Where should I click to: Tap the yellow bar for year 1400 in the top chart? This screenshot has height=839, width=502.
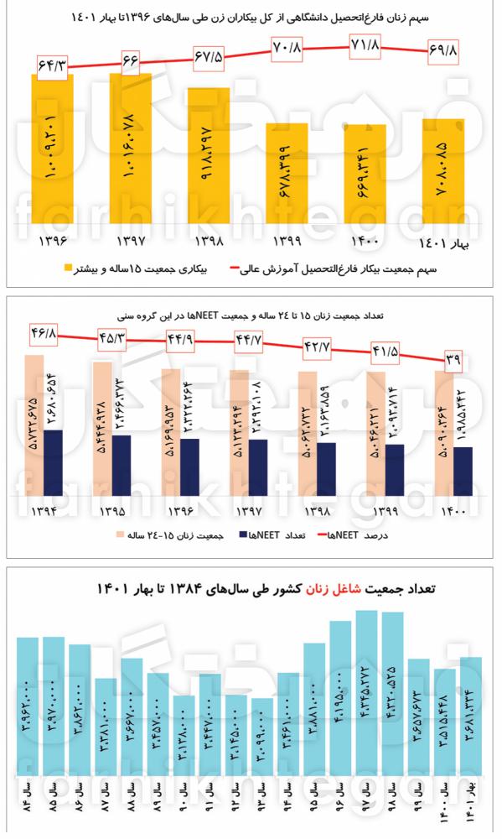365,176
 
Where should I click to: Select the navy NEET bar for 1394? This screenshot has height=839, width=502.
52,464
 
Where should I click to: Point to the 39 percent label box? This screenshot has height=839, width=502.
453,361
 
